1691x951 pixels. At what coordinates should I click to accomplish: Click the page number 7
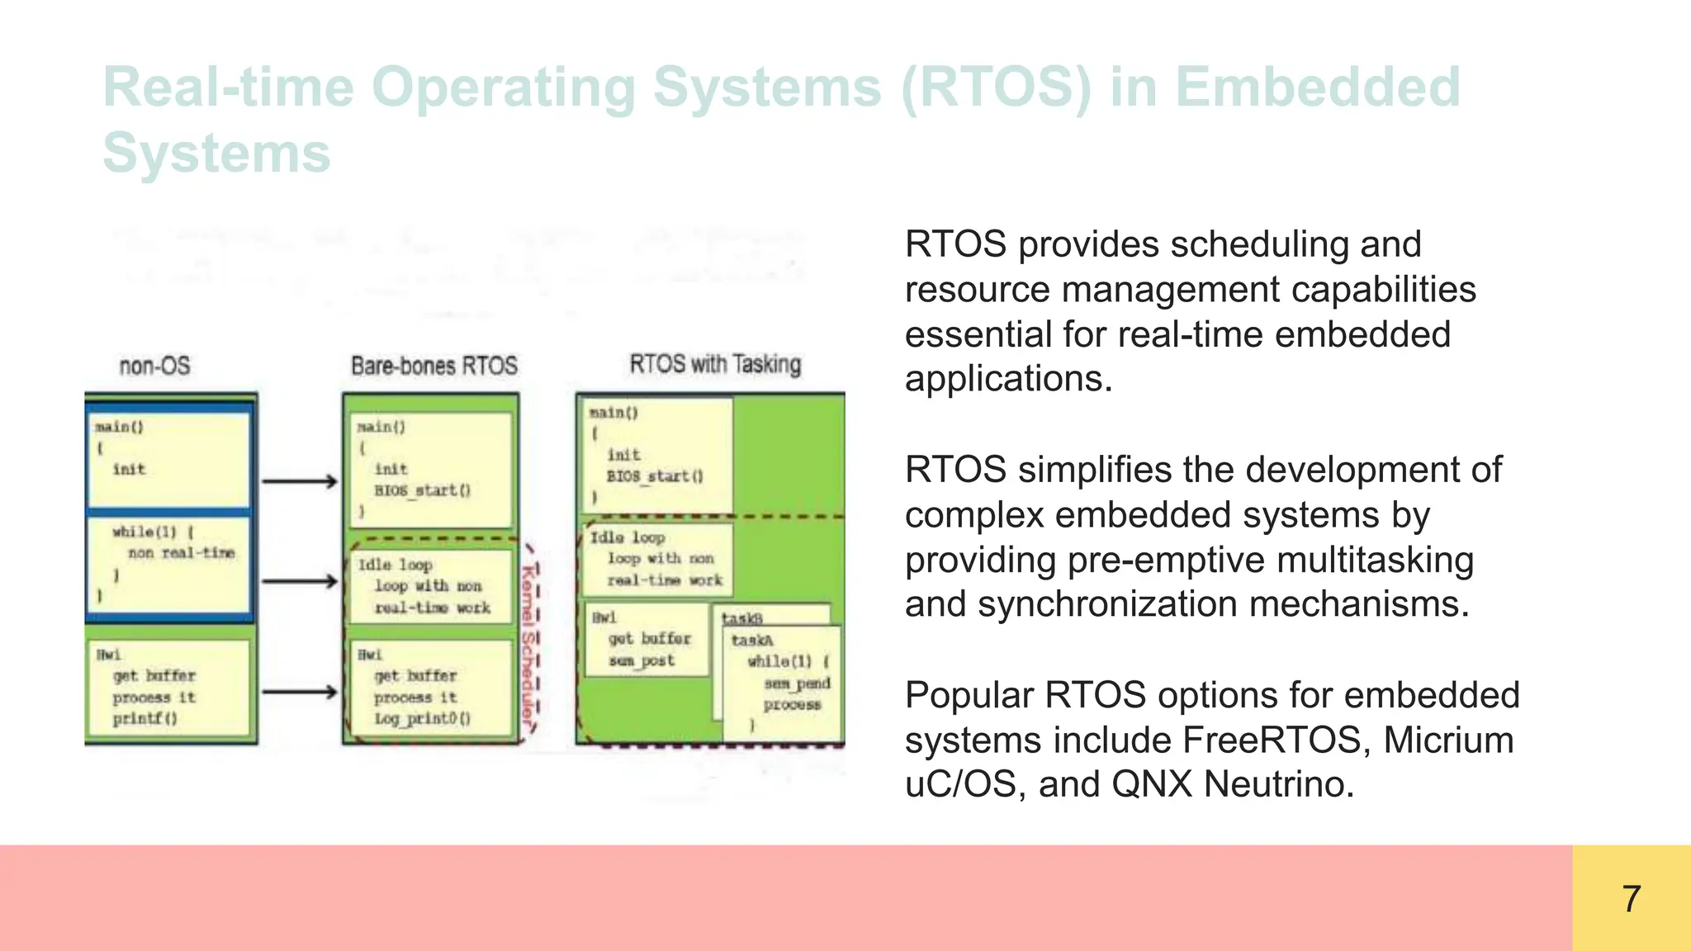pos(1631,898)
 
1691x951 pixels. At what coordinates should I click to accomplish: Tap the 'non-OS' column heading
pos(154,366)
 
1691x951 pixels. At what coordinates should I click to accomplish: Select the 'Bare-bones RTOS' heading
pos(433,366)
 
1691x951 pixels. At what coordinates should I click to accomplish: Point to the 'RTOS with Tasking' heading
pos(715,364)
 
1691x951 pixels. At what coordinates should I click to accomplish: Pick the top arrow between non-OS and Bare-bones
pos(300,481)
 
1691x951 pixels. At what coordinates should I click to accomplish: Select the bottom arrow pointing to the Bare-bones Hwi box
pos(300,692)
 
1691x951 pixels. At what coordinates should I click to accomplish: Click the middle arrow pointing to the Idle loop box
pos(300,582)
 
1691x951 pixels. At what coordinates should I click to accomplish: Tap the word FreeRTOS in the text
pos(1277,740)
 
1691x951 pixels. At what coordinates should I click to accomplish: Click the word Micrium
pos(1448,740)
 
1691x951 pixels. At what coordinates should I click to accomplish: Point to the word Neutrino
pos(1279,784)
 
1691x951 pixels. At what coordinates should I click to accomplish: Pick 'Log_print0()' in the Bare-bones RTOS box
pos(422,719)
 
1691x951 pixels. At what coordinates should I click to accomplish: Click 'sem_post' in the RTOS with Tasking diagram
pos(642,660)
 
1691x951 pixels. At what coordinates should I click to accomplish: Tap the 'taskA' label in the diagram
pos(752,641)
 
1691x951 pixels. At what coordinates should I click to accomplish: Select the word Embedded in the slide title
pos(1318,88)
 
